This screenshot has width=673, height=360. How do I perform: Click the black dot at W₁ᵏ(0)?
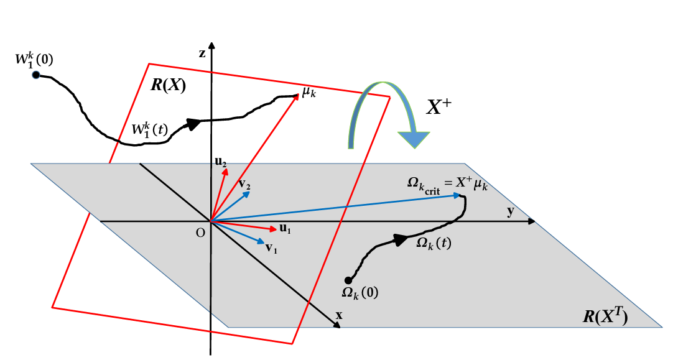point(36,75)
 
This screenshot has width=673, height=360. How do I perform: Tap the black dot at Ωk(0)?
point(348,280)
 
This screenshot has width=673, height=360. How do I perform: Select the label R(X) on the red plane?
point(168,85)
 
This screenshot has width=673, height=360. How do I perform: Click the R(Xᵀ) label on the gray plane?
point(605,316)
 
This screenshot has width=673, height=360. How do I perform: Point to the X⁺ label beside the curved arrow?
point(439,107)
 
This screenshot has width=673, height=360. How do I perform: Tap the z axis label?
point(202,53)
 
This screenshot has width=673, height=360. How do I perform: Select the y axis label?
point(510,211)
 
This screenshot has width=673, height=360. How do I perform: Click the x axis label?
point(339,315)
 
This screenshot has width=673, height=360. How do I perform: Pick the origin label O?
point(200,233)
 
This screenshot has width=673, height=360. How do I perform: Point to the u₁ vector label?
point(285,229)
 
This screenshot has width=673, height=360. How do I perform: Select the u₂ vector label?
point(221,162)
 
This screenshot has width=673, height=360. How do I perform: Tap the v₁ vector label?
point(271,247)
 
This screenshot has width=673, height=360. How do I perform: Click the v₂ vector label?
point(244,185)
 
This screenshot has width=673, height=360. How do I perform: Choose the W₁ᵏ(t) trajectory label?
point(150,129)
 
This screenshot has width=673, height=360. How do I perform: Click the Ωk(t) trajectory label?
point(434,243)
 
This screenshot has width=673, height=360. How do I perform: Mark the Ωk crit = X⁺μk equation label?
point(447,185)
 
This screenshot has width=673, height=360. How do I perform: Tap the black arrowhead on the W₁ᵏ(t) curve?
point(194,123)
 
